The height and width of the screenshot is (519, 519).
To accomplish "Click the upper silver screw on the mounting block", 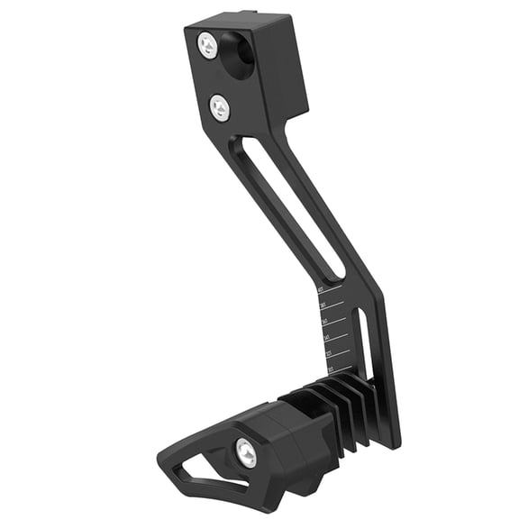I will (x=208, y=45).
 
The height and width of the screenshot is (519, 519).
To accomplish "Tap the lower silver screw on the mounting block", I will (x=220, y=109).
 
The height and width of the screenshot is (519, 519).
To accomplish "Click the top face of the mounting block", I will (x=243, y=20).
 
